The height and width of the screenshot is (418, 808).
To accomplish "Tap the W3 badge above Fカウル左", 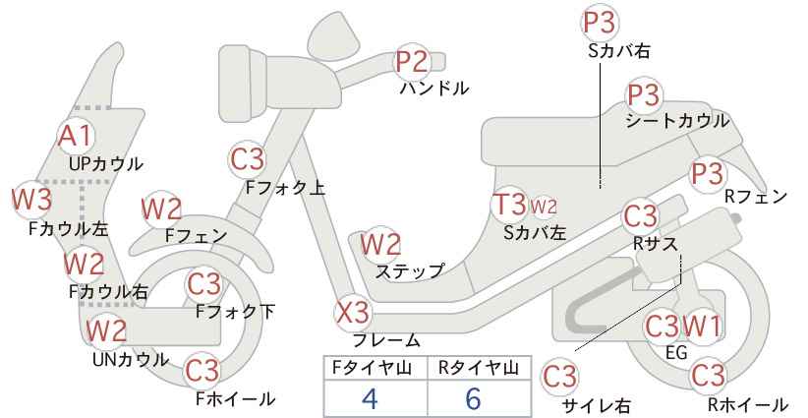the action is [x=32, y=200].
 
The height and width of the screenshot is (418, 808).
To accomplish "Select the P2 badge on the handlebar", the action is [x=413, y=62].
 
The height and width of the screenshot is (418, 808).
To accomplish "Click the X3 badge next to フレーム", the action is [x=353, y=313].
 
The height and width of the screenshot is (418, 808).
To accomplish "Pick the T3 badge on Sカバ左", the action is [x=509, y=205].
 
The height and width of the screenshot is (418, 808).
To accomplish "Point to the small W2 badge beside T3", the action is [x=544, y=207].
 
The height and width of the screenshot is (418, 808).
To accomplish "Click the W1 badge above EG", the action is [x=702, y=326].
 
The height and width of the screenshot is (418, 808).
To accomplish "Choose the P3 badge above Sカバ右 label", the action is [x=600, y=23].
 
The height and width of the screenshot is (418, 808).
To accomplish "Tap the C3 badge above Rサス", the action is [x=641, y=216].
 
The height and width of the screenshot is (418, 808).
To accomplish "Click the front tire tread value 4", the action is [x=370, y=397].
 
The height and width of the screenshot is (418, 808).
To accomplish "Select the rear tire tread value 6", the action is [x=473, y=397].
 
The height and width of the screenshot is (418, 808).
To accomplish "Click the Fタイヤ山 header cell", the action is [x=375, y=369].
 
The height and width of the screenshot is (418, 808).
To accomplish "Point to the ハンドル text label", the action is [x=434, y=89].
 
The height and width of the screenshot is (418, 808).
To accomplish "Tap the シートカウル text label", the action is [x=677, y=121].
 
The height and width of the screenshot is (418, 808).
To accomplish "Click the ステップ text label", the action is [x=410, y=270].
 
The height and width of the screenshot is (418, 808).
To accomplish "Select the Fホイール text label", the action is [x=236, y=398].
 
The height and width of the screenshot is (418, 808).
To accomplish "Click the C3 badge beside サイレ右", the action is [x=560, y=378].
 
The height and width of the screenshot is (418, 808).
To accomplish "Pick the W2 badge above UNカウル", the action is [x=106, y=329].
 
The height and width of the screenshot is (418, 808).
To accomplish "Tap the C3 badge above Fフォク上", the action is [x=248, y=159].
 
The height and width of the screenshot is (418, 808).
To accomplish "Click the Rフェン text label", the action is [x=756, y=197].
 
